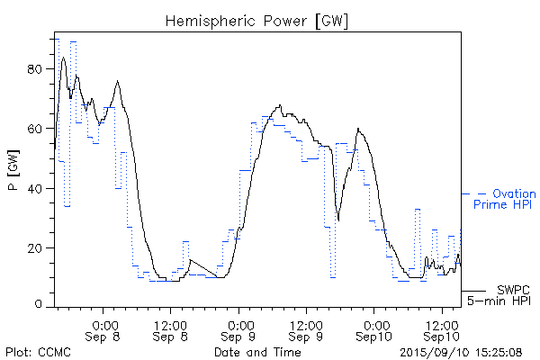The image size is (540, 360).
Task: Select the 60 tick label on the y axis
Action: click(35, 129)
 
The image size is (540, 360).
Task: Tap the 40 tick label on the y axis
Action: click(35, 188)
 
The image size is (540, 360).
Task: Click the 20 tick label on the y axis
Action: click(35, 247)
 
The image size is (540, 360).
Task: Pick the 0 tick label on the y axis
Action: click(39, 305)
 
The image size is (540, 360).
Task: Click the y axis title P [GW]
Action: click(13, 175)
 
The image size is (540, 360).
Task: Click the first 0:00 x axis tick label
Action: click(104, 324)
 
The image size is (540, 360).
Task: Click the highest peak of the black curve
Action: click(63, 58)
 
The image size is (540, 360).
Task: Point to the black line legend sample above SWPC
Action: click(473, 291)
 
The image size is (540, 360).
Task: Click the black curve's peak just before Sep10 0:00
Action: click(358, 129)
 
